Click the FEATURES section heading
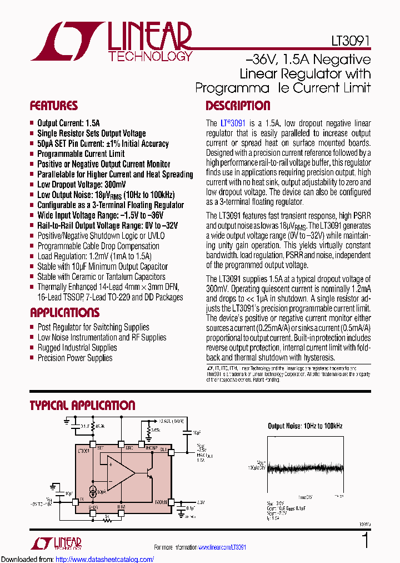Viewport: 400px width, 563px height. (x=54, y=106)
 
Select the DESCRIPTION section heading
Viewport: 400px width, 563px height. (x=238, y=106)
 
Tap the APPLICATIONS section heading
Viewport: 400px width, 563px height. (x=64, y=313)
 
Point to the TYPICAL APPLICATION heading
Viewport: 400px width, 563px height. (x=82, y=406)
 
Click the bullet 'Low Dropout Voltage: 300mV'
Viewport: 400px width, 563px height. (x=81, y=185)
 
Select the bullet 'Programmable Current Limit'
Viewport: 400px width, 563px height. (x=81, y=154)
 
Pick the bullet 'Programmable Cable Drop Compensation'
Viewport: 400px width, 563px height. (x=90, y=246)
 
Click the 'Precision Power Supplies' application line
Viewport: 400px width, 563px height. (x=74, y=358)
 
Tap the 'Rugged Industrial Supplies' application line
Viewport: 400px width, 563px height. (x=77, y=348)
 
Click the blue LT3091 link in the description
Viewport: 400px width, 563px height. (x=233, y=123)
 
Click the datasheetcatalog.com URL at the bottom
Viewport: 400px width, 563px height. (x=105, y=559)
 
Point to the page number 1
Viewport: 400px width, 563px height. (x=365, y=541)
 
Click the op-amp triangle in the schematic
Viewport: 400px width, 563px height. (x=120, y=473)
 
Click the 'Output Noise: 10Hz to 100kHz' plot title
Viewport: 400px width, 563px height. (x=305, y=426)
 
